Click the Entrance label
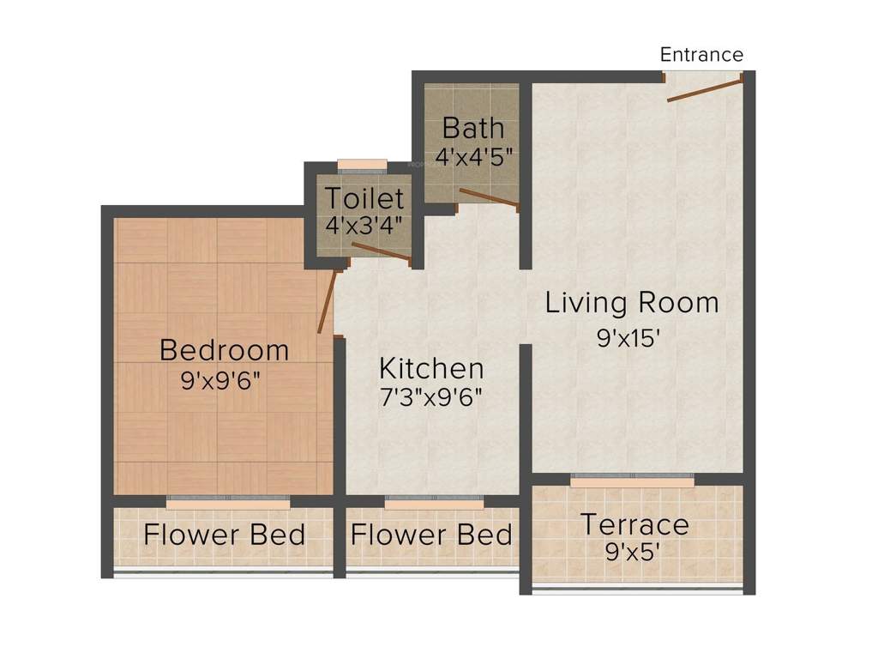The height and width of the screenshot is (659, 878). [701, 55]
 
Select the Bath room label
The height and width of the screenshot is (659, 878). [473, 129]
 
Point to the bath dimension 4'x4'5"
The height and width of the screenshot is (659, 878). [473, 158]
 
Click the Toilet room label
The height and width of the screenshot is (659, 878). [364, 199]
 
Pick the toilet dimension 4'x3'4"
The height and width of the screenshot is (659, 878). [364, 227]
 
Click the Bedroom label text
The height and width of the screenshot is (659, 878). [225, 350]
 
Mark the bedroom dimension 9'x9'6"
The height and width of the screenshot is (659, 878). [220, 380]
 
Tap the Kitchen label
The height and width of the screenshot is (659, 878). [431, 369]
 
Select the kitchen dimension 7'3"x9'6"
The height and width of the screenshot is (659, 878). [431, 397]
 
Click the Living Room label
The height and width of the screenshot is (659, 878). [632, 303]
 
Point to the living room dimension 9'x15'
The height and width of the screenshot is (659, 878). [632, 338]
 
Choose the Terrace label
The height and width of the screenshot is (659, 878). [634, 523]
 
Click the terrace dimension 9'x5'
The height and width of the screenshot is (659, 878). [632, 551]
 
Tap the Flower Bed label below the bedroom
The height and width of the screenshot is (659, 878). [224, 535]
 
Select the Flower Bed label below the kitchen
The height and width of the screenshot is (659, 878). [431, 535]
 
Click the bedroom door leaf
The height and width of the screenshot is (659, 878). [326, 302]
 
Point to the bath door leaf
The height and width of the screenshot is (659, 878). [489, 198]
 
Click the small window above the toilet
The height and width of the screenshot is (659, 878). [362, 163]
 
